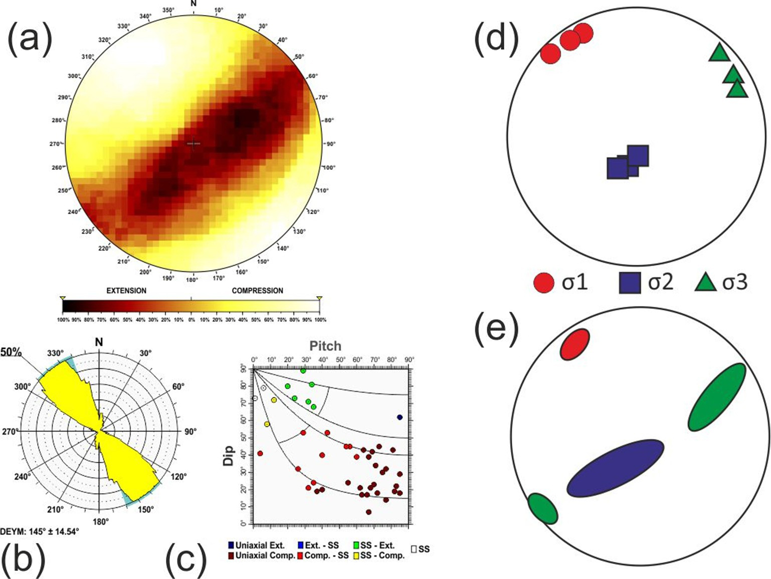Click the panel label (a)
pyautogui.click(x=30, y=39)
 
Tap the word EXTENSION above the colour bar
pyautogui.click(x=126, y=291)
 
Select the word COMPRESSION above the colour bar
pyautogui.click(x=257, y=291)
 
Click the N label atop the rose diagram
pyautogui.click(x=99, y=342)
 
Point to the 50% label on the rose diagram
pyautogui.click(x=11, y=352)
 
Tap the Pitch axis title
pyautogui.click(x=325, y=346)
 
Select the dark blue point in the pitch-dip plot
pyautogui.click(x=400, y=417)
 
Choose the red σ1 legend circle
pyautogui.click(x=544, y=283)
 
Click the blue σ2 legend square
pyautogui.click(x=630, y=283)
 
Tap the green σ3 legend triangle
pyautogui.click(x=706, y=282)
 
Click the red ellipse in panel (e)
pyautogui.click(x=574, y=344)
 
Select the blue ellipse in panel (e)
pyautogui.click(x=616, y=468)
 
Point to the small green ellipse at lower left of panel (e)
pyautogui.click(x=543, y=509)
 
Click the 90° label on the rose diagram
pyautogui.click(x=190, y=431)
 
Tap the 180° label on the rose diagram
pyautogui.click(x=100, y=522)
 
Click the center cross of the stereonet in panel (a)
pyautogui.click(x=194, y=144)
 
